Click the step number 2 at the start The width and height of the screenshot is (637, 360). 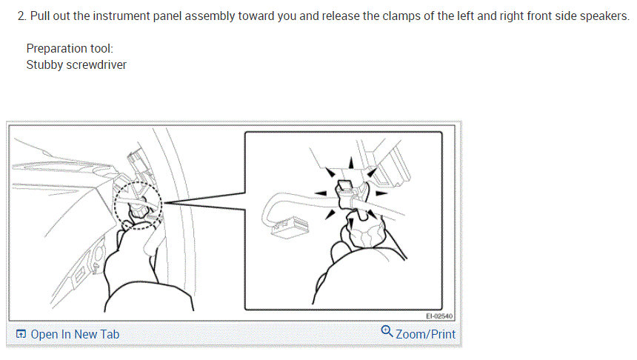tap(21, 16)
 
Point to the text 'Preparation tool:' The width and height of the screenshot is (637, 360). tap(69, 49)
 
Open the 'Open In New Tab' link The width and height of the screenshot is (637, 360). tap(74, 334)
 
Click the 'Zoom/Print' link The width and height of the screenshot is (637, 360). tap(425, 334)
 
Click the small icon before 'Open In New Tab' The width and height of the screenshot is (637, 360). tap(21, 335)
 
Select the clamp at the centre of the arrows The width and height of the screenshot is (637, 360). tap(344, 191)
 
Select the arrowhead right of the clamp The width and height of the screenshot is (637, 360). tap(380, 192)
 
